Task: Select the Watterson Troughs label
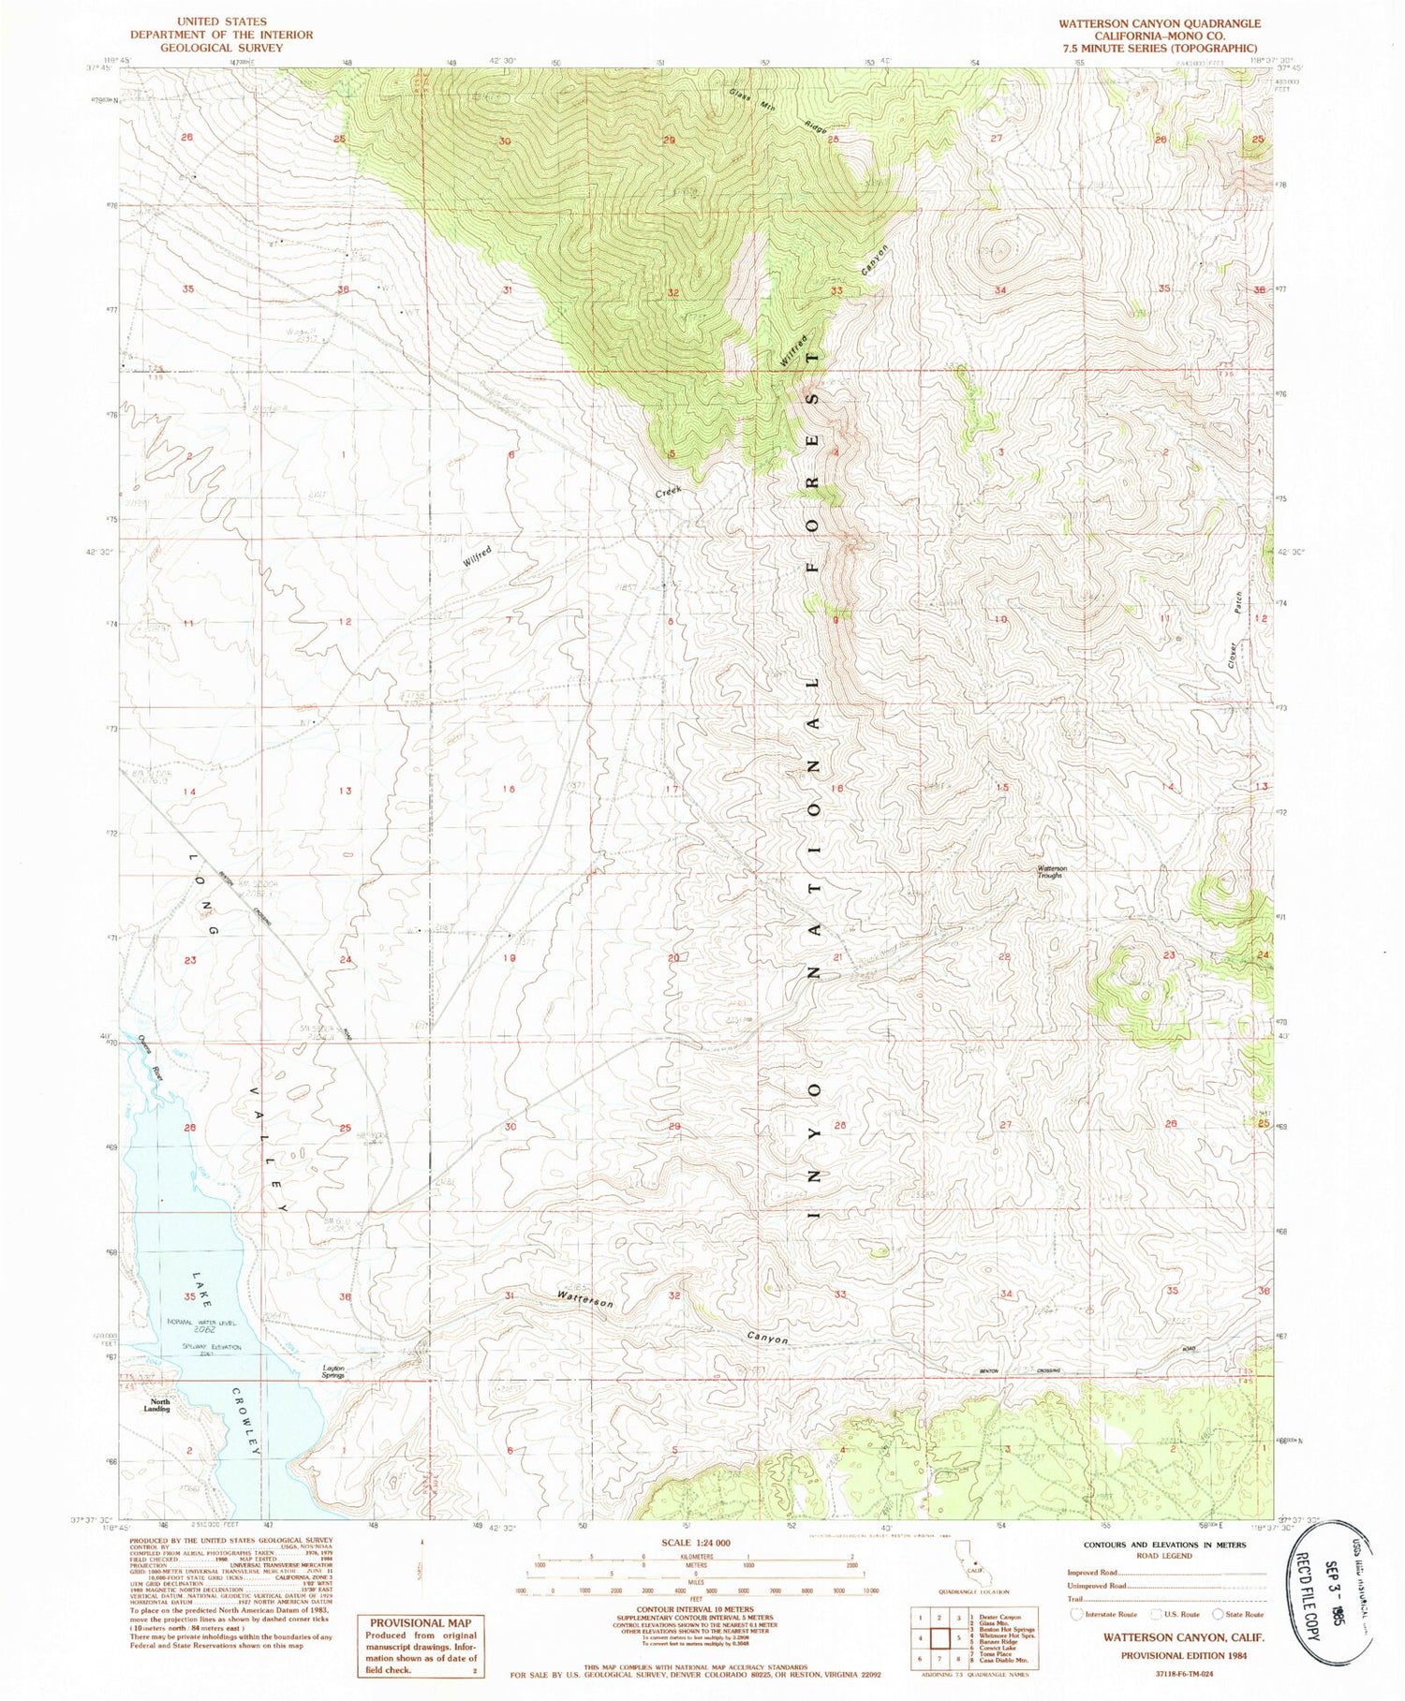pos(1051,871)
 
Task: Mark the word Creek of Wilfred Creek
pos(668,491)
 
